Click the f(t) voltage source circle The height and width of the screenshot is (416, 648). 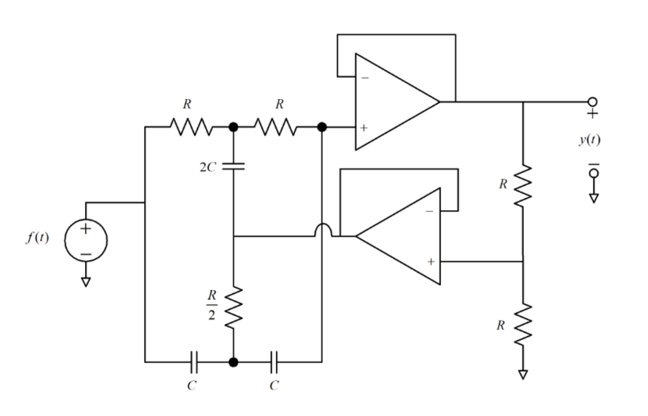86,240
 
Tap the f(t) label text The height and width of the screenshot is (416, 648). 37,238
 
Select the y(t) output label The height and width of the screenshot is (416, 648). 589,139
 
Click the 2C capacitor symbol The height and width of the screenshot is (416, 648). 233,166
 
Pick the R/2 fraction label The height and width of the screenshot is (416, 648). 212,305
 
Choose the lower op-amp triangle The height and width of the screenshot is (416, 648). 404,236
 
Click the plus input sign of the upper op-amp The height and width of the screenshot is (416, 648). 364,128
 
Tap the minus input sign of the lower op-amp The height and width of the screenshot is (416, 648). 430,211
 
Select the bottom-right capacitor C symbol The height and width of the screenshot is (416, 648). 274,362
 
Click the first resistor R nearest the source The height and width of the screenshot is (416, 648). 192,126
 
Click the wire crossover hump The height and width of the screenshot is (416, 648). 322,230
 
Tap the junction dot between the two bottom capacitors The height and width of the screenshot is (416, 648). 233,362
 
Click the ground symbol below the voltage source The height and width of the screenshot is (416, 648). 86,282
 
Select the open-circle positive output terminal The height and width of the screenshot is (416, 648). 592,102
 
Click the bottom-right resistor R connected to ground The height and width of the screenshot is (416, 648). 523,325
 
